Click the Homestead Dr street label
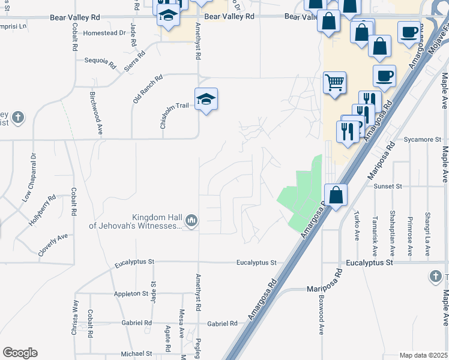(105, 34)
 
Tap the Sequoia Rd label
(100, 61)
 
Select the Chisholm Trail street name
(175, 106)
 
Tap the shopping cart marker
(334, 82)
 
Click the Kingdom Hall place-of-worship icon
(191, 221)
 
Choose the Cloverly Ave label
(53, 245)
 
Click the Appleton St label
(131, 293)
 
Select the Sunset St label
(387, 187)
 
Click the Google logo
(20, 353)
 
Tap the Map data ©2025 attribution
(423, 355)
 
